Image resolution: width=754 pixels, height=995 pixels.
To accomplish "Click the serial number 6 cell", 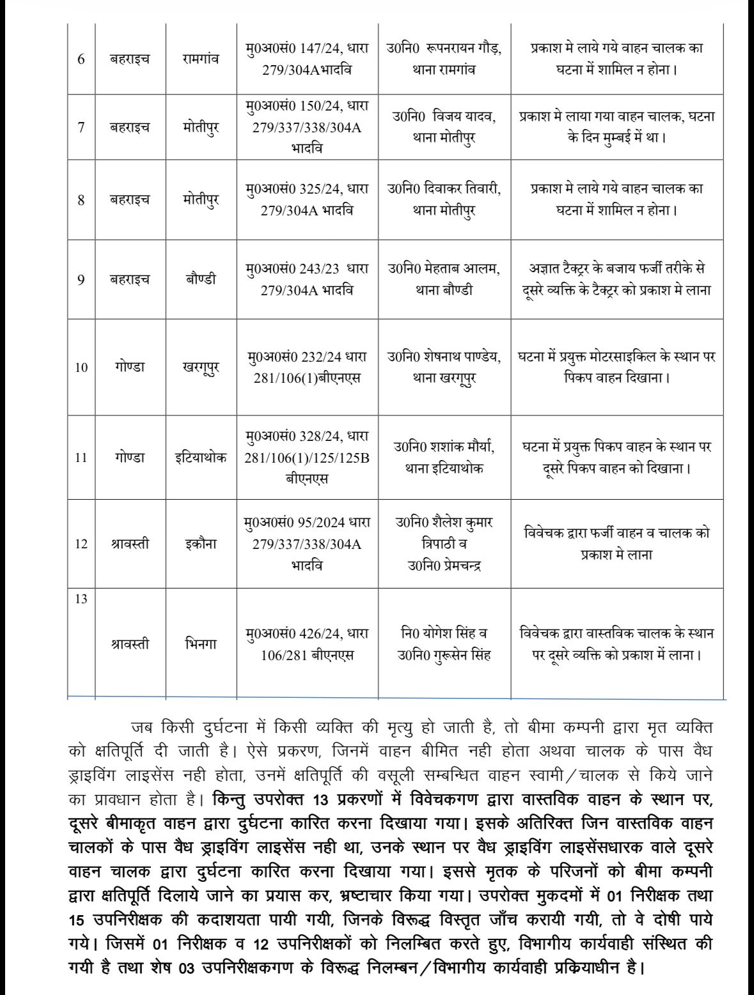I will [81, 59].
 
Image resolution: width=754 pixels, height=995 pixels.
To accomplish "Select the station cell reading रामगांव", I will [201, 59].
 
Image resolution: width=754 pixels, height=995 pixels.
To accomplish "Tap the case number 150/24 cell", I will [307, 127].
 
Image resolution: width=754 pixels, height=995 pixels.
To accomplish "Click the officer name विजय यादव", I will [444, 127].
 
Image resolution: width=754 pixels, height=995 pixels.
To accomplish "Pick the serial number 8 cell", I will [81, 199].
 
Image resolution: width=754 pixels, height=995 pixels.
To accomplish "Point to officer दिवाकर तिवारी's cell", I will [444, 199].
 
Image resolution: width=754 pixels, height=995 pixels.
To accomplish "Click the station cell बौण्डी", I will [201, 279].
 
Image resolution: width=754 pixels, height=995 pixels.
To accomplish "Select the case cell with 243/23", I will [307, 279].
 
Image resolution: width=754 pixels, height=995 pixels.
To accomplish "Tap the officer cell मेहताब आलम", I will [444, 279].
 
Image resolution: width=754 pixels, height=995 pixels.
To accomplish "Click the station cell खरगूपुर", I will [201, 367].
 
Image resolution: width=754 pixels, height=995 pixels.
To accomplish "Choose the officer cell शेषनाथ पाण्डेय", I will [444, 367].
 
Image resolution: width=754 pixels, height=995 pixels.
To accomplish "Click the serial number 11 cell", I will [81, 458].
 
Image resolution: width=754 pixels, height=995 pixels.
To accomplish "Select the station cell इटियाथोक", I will [201, 458].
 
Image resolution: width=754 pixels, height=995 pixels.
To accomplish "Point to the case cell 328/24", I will [307, 458].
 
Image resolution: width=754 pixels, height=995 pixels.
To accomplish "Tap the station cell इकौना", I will [201, 544].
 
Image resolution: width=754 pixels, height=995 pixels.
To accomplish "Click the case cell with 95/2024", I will [307, 544].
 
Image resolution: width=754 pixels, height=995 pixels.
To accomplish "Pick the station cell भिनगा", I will [201, 644].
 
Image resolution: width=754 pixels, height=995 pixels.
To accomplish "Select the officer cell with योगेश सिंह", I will [444, 644].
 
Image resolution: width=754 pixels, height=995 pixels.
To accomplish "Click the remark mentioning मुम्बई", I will [617, 127].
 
